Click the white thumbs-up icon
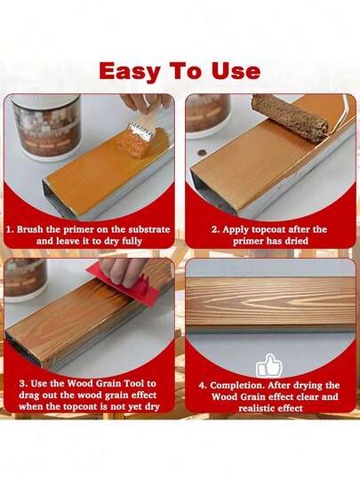268,364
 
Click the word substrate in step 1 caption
142,229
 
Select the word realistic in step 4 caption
247,407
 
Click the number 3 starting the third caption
21,384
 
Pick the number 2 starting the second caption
214,229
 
